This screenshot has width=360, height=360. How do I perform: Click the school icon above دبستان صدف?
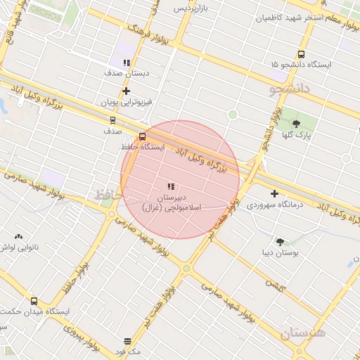coord(127,63)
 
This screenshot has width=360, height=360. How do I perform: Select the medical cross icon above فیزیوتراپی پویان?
coord(126,91)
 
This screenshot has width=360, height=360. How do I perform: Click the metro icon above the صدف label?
coord(113,120)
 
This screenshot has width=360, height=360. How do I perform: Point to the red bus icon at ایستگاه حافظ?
coord(143,136)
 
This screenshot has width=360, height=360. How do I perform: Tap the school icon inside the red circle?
coord(171,186)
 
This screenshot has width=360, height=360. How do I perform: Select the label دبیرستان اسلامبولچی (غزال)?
coord(172,203)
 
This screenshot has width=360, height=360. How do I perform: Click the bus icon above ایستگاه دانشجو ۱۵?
coord(302,54)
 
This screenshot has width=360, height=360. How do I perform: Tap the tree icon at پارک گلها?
coord(295,124)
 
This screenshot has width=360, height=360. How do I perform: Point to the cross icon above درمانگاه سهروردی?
coord(274,193)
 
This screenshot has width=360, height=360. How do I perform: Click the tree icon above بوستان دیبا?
coord(281,241)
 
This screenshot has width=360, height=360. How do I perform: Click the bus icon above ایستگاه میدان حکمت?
coord(34,301)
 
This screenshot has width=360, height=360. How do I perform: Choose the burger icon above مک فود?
coord(127,340)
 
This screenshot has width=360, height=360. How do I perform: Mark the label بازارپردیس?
coord(192,8)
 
